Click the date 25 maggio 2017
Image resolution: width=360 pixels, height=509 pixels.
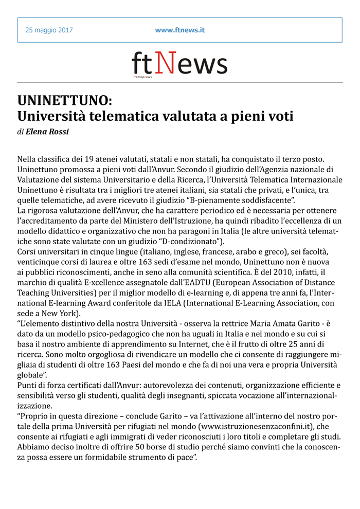point(49,30)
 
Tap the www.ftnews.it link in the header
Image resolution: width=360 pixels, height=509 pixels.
point(180,30)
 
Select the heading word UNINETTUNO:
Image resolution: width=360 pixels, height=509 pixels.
point(64,99)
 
